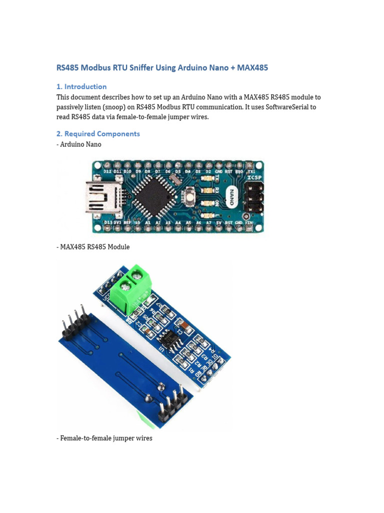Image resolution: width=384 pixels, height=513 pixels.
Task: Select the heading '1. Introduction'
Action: pyautogui.click(x=81, y=86)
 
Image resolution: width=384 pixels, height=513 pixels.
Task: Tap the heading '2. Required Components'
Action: pyautogui.click(x=98, y=134)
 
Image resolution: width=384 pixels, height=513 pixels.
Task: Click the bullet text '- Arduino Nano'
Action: pyautogui.click(x=79, y=144)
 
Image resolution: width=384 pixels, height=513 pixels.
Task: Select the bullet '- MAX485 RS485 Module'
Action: pyautogui.click(x=93, y=247)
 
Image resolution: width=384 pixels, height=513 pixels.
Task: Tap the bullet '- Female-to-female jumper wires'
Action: pyautogui.click(x=104, y=438)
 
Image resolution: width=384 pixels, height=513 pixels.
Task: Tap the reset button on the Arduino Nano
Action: pyautogui.click(x=190, y=196)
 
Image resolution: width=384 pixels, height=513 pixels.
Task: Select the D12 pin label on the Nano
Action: pyautogui.click(x=107, y=171)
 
